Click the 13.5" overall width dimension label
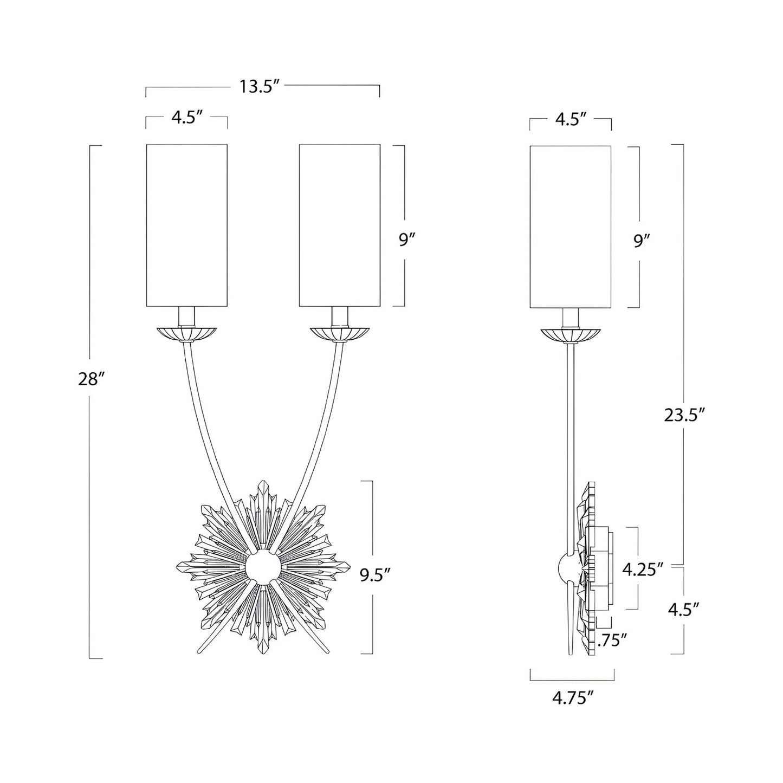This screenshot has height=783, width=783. (x=260, y=87)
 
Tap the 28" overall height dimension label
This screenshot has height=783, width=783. (x=90, y=379)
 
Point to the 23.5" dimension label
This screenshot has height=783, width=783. (x=684, y=415)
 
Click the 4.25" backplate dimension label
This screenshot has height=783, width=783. (x=643, y=569)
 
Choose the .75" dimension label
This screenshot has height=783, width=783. (x=612, y=640)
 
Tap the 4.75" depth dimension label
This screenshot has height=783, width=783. (x=570, y=698)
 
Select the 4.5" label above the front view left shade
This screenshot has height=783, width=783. (x=186, y=118)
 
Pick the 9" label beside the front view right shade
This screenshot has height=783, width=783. (x=407, y=240)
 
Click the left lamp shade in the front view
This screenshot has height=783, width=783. (x=186, y=225)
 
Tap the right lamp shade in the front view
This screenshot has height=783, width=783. (x=339, y=225)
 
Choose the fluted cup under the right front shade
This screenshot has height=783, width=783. (x=340, y=333)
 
